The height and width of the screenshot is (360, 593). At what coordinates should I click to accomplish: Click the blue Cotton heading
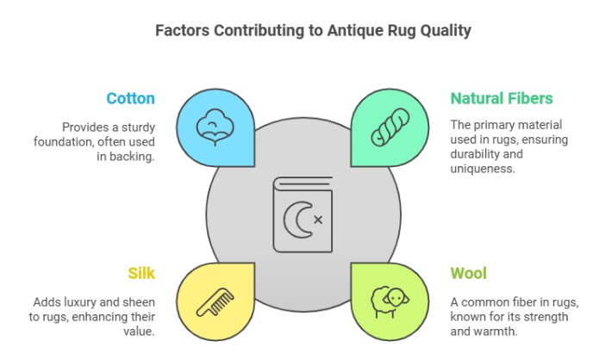[x=130, y=98]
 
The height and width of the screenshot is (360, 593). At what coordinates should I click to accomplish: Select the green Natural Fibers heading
[x=502, y=98]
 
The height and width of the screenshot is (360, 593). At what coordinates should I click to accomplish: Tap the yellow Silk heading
[x=141, y=273]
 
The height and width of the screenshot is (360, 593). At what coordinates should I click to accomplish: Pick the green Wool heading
[x=468, y=273]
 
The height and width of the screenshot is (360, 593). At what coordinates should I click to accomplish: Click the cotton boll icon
[x=215, y=127]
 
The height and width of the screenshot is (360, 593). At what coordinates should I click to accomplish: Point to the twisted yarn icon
[x=390, y=127]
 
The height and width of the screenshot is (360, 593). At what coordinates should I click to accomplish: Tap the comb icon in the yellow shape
[x=215, y=301]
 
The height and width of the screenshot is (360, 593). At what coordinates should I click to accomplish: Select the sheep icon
[x=390, y=302]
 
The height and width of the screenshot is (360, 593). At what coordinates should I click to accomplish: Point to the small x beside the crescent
[x=318, y=220]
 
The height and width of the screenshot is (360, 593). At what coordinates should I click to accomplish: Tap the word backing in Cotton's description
[x=131, y=157]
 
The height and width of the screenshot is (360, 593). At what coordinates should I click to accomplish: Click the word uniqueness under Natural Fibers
[x=483, y=169]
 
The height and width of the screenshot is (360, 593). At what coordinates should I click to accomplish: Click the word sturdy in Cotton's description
[x=138, y=127]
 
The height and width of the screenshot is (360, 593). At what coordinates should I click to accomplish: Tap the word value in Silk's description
[x=139, y=332]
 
